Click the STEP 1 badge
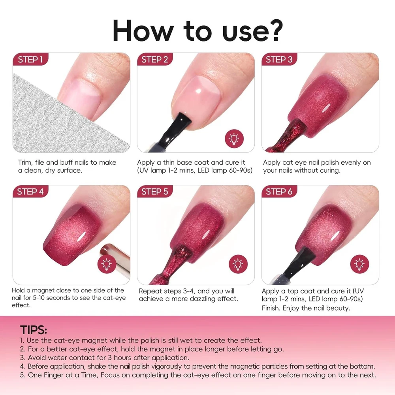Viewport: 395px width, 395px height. pos(30,59)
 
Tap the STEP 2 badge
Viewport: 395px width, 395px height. pos(155,59)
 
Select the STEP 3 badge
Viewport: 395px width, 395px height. pos(279,59)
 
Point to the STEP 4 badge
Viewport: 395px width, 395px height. pos(30,192)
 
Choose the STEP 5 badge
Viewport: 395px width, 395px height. pos(155,192)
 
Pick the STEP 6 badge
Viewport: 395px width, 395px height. pos(279,192)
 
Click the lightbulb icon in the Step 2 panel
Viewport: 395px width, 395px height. pos(234,139)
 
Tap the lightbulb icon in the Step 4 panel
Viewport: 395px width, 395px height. pos(107,264)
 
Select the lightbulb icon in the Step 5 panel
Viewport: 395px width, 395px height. pos(238,264)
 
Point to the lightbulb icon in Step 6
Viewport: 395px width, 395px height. pos(359,264)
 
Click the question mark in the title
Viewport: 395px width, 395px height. pos(275,30)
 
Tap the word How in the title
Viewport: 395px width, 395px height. pos(143,30)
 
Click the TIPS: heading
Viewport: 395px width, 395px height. pos(34,330)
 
